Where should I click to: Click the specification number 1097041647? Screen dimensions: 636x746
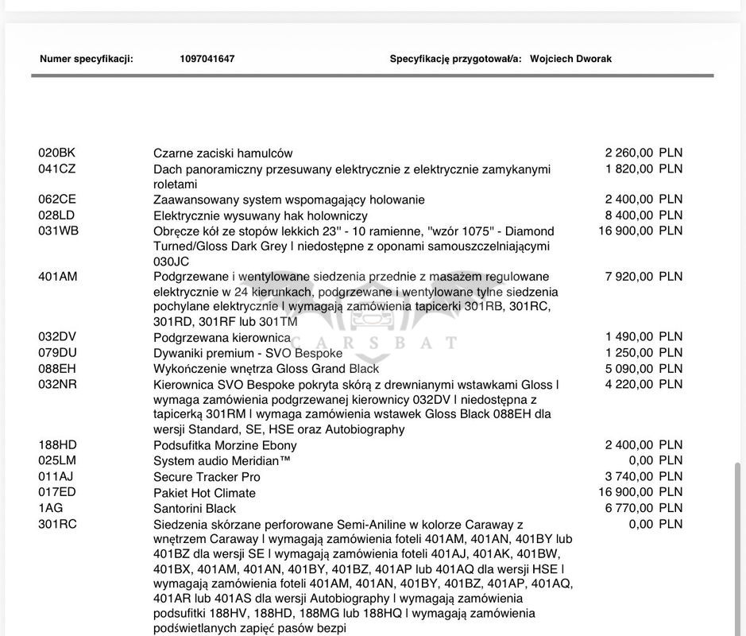[207, 59]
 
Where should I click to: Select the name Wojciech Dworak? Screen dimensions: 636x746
[570, 59]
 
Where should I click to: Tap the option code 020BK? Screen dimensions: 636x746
[56, 153]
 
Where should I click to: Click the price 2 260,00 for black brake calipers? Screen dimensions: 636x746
[629, 153]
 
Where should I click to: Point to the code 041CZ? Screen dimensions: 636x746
[57, 169]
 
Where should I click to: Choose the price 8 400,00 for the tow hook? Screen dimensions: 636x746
[629, 215]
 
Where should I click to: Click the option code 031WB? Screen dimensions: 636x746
[58, 231]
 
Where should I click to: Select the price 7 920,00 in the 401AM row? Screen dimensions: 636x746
[629, 277]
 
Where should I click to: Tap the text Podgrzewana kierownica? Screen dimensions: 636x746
[222, 338]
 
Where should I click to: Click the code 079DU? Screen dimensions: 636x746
[57, 352]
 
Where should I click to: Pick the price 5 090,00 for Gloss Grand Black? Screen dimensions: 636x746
[629, 368]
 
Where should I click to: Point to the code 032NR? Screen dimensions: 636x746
[57, 384]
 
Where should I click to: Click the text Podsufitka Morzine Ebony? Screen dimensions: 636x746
[225, 445]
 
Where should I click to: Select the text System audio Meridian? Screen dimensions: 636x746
[222, 461]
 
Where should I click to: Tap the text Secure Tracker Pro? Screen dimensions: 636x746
[207, 477]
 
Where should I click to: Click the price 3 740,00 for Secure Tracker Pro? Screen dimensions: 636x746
[629, 476]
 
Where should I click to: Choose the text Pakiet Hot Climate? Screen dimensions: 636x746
[205, 493]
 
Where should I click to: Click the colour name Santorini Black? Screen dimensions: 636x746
[195, 508]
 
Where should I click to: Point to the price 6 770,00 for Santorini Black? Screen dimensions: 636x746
[629, 507]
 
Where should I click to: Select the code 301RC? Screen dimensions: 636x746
[57, 524]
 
